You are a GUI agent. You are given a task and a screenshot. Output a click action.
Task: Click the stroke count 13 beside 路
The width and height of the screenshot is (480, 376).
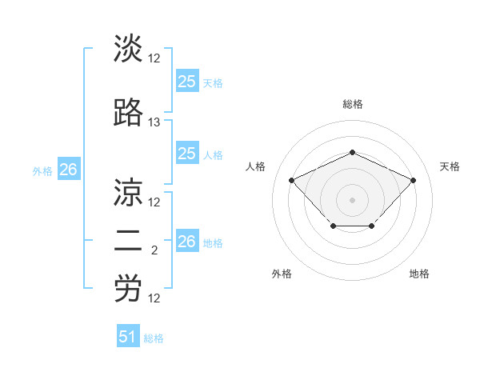pyautogui.click(x=154, y=122)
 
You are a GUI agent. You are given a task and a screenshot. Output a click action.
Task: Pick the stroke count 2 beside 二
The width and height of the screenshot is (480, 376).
pyautogui.click(x=154, y=250)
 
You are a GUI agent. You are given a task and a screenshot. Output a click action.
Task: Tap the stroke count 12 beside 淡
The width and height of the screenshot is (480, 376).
pyautogui.click(x=154, y=58)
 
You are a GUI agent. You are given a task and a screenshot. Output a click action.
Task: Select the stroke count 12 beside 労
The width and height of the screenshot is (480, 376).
pyautogui.click(x=154, y=298)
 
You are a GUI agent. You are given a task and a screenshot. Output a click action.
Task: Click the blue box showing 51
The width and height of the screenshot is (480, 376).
pyautogui.click(x=128, y=337)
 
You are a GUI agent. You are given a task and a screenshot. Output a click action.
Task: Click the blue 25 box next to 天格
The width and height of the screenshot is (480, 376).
pyautogui.click(x=186, y=82)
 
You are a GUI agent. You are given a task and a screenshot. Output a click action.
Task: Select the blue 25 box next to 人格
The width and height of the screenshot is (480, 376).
pyautogui.click(x=186, y=154)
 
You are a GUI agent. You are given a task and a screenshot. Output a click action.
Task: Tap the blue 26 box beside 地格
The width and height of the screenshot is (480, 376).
pyautogui.click(x=186, y=242)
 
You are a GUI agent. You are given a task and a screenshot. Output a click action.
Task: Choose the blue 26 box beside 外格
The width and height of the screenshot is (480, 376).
pyautogui.click(x=68, y=170)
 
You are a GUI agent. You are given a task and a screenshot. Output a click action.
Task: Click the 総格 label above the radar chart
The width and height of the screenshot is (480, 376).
pyautogui.click(x=352, y=104)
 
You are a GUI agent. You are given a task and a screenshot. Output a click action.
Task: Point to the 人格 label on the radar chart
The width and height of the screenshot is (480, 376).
pyautogui.click(x=256, y=166)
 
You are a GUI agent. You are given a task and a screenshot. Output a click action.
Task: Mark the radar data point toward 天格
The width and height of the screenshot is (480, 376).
pyautogui.click(x=413, y=180)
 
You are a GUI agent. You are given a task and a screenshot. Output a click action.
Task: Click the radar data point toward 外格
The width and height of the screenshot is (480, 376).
pyautogui.click(x=333, y=227)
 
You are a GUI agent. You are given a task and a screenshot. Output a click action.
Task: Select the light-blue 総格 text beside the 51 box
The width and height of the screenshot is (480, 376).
pyautogui.click(x=154, y=338)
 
